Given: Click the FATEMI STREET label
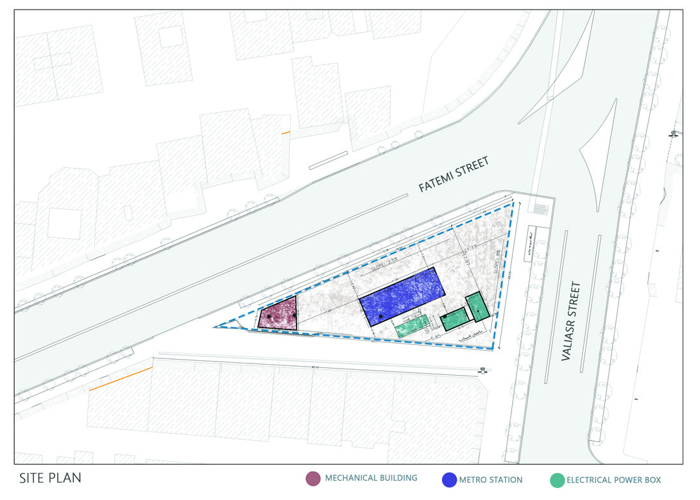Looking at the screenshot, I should [x=454, y=174].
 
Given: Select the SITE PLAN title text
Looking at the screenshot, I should [x=50, y=478].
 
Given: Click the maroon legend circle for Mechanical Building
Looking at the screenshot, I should [x=312, y=479].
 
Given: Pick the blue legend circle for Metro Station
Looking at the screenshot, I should [x=449, y=479].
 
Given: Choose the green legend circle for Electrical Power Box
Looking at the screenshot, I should [x=557, y=480].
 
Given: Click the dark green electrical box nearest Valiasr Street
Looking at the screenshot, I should [x=477, y=306].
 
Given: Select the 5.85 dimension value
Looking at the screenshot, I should [x=436, y=337].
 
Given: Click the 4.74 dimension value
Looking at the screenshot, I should [x=413, y=317].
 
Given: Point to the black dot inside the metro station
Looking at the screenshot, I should [x=380, y=317].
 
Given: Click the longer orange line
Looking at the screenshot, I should [x=121, y=379].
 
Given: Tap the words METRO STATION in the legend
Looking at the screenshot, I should [x=491, y=479].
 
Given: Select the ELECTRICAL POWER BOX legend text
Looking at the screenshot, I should [x=613, y=479].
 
